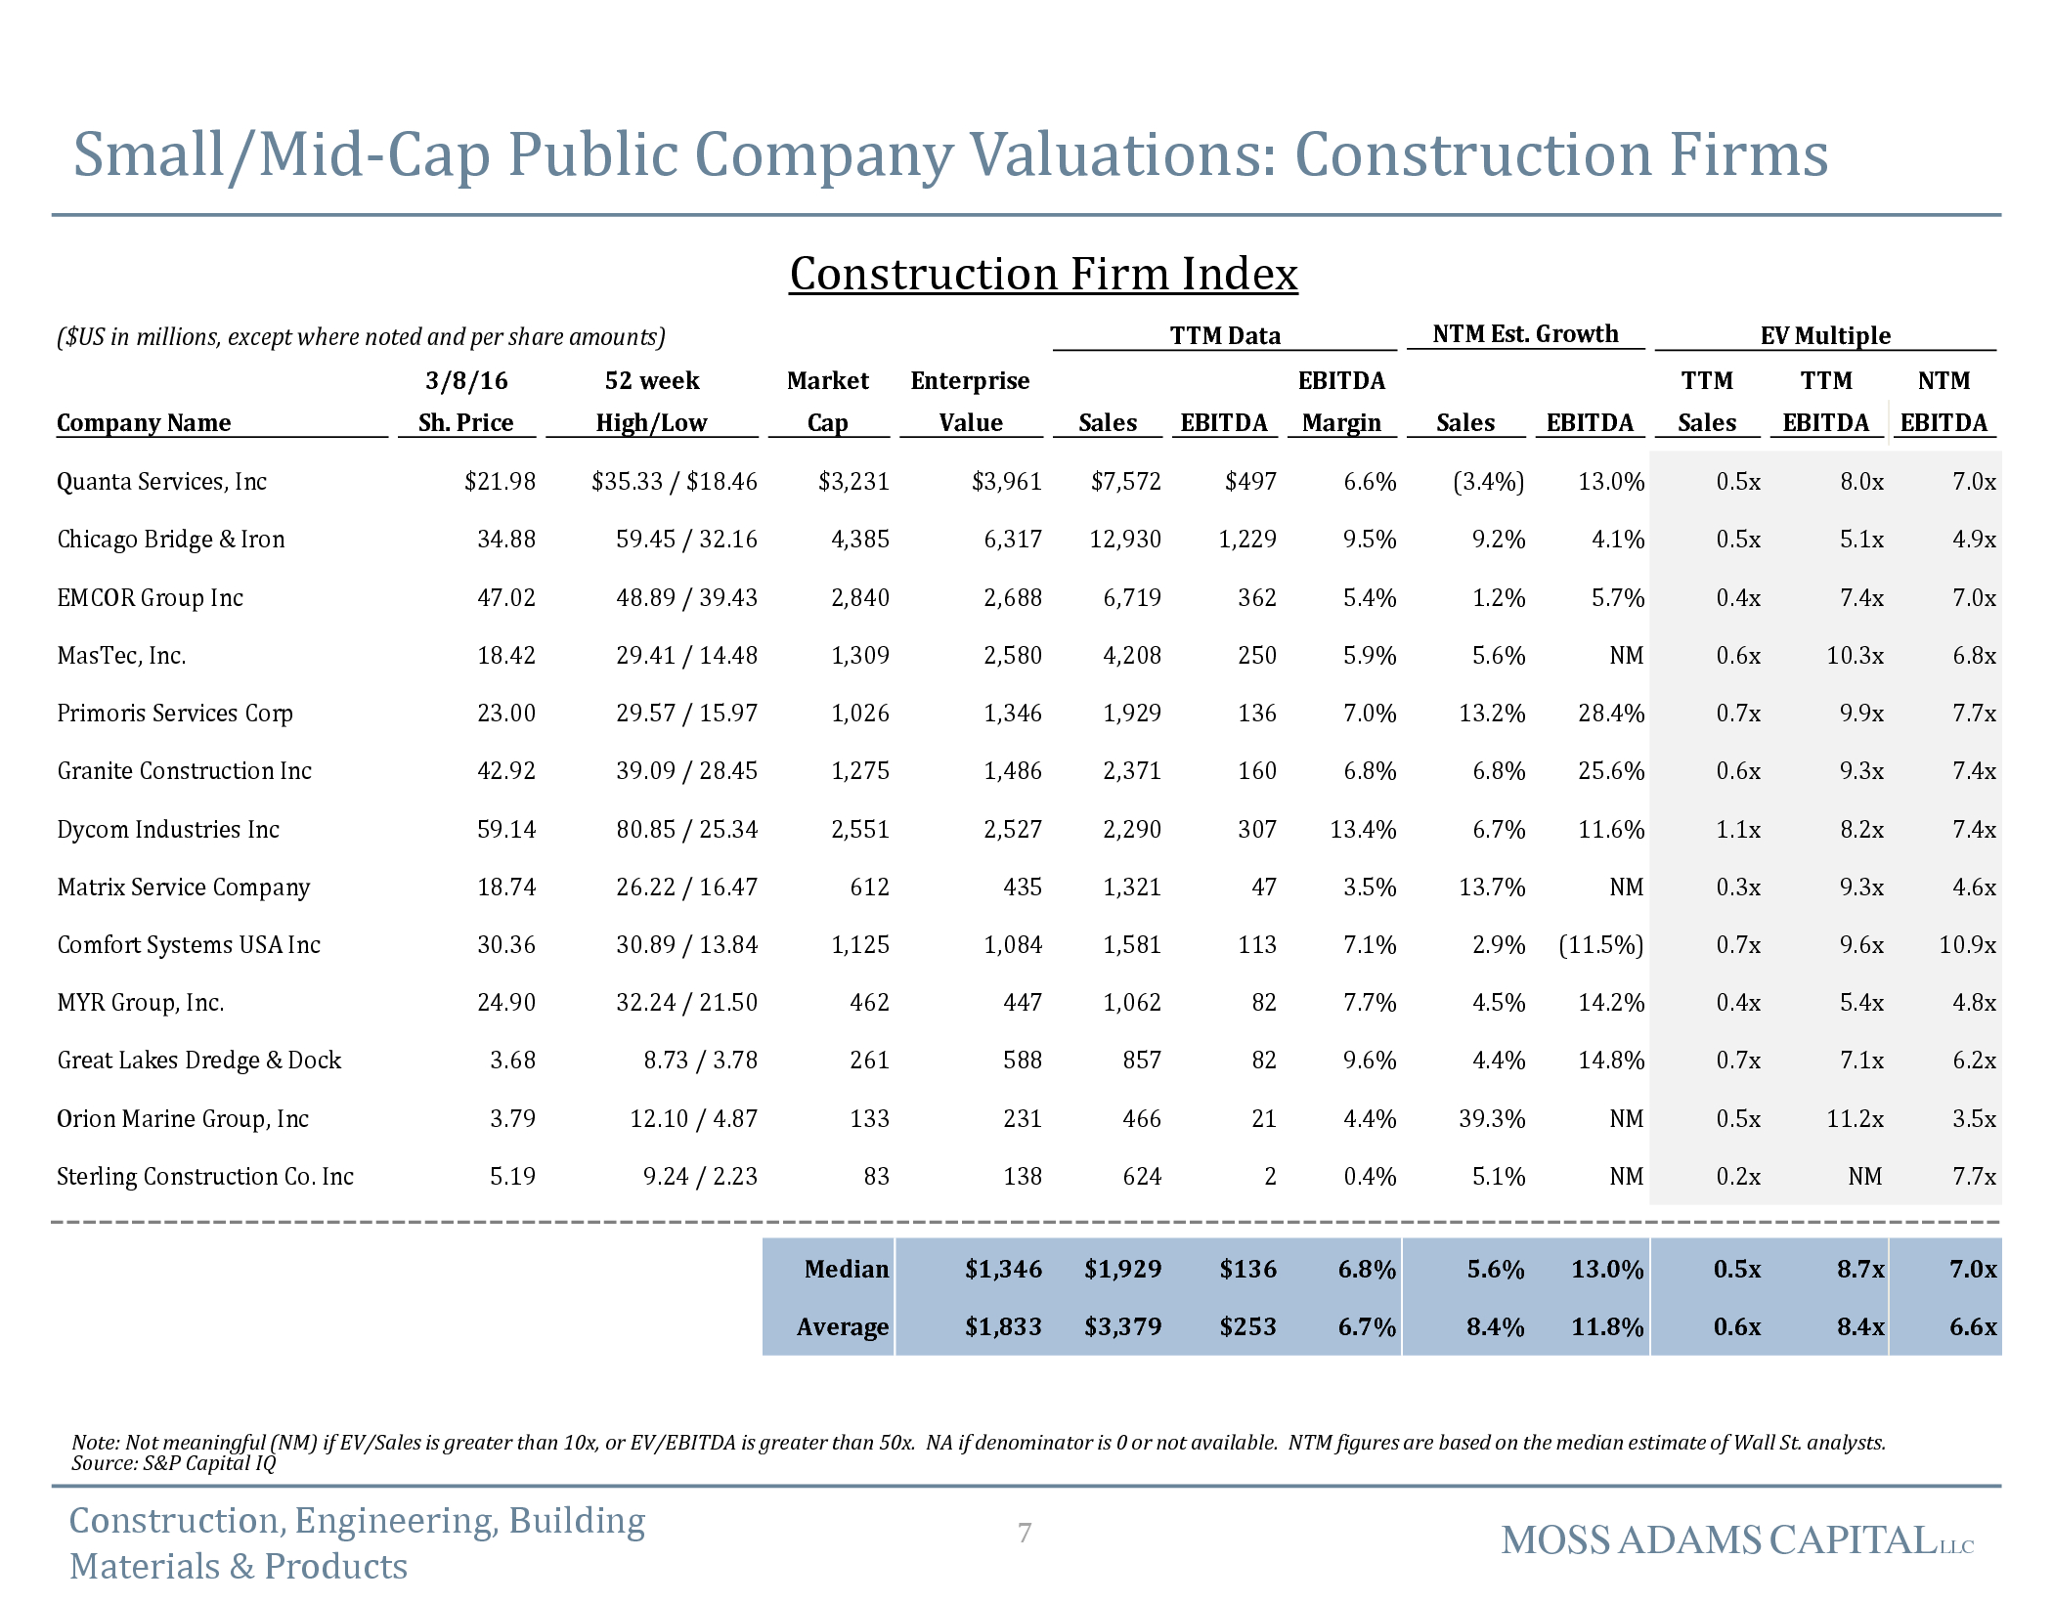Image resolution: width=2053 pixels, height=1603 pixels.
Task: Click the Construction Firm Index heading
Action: coord(1043,274)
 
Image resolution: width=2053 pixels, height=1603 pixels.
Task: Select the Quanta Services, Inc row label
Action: coord(161,482)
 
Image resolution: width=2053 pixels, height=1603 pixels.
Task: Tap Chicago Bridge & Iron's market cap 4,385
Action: coord(859,540)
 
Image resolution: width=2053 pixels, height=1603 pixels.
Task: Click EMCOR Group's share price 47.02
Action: coord(505,598)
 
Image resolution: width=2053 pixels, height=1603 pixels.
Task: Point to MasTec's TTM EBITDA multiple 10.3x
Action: coord(1855,656)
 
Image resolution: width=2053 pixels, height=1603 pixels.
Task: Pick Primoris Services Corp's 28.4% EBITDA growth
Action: coord(1610,714)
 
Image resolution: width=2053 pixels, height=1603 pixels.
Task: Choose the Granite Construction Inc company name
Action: coord(184,771)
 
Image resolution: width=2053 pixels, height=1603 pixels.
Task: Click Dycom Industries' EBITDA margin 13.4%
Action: coord(1363,830)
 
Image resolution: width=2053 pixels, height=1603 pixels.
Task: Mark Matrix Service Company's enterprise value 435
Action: coord(1022,888)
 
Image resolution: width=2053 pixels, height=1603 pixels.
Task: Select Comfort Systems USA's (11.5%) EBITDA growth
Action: coord(1600,945)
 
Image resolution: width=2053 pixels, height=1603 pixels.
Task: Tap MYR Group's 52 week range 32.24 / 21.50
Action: coord(686,1003)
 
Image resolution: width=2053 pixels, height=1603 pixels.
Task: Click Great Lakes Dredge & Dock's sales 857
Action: coord(1141,1061)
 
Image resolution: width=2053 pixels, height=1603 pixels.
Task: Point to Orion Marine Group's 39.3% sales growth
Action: coord(1492,1119)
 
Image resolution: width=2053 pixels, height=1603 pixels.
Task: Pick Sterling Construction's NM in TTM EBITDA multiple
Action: coord(1864,1177)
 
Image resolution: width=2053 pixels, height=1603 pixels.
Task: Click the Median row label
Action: coord(846,1269)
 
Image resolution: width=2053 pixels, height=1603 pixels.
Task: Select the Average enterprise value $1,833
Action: coord(1003,1327)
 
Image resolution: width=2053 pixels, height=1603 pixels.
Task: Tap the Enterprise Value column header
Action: coord(970,401)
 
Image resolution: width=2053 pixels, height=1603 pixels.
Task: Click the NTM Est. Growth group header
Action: coord(1525,334)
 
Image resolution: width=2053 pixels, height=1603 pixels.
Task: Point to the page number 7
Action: coord(1025,1533)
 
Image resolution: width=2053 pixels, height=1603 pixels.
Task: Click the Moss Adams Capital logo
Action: coord(1736,1541)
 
